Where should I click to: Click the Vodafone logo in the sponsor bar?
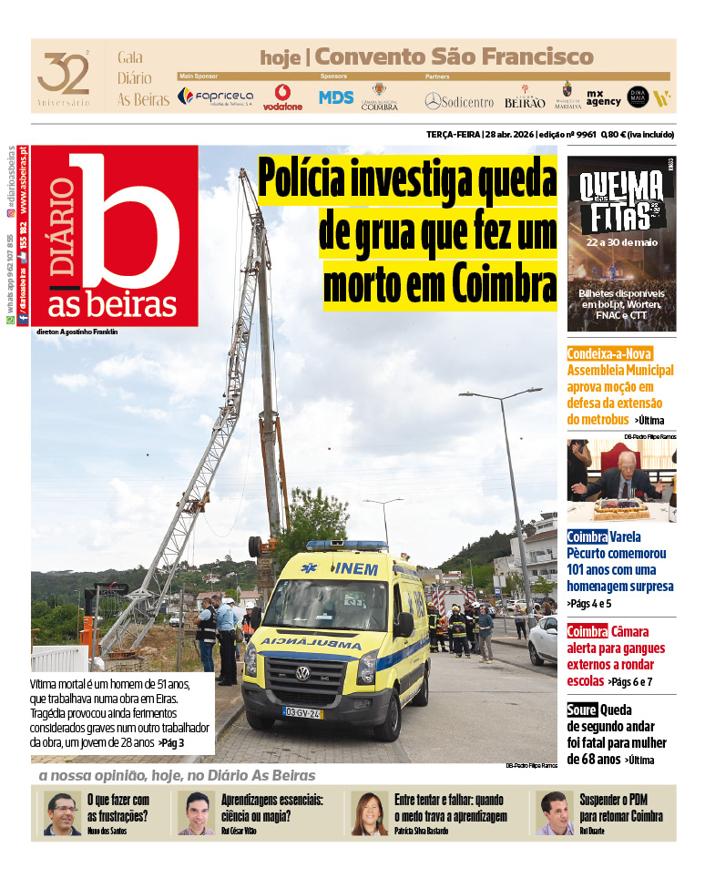click(282, 97)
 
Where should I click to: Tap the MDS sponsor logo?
click(336, 97)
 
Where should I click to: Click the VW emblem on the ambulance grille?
click(302, 673)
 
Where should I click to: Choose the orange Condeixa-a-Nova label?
click(609, 353)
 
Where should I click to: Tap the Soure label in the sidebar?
click(581, 710)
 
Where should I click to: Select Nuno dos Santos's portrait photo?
click(62, 813)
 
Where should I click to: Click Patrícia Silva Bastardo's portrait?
click(370, 813)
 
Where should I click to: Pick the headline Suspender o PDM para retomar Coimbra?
click(621, 808)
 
